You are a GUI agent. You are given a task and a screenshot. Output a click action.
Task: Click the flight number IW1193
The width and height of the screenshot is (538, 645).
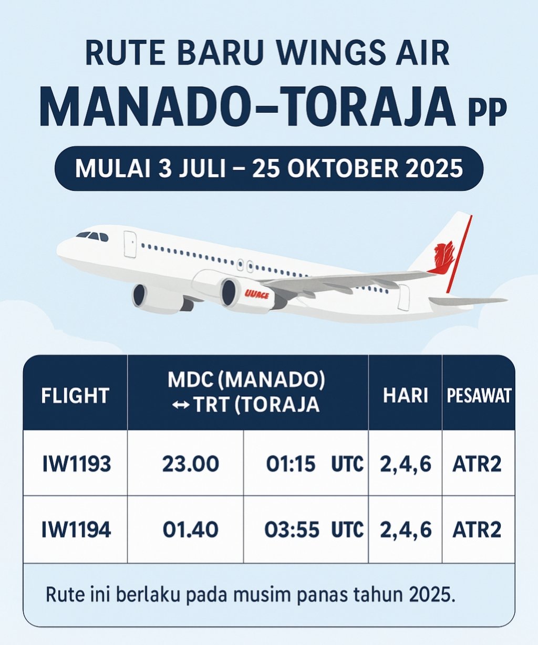click(76, 464)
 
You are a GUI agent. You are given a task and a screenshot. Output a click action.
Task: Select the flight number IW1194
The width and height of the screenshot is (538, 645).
click(76, 531)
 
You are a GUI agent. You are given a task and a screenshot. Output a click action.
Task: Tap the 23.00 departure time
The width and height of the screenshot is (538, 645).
click(191, 464)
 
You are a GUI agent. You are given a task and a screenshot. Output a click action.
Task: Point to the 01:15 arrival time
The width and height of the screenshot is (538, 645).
click(291, 464)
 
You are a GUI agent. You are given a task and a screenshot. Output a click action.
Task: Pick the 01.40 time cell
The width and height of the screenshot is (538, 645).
click(191, 531)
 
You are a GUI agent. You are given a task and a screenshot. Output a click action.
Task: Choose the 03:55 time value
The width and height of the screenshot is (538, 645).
click(292, 531)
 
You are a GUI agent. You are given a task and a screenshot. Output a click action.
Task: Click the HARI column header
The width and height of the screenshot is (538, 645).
click(406, 395)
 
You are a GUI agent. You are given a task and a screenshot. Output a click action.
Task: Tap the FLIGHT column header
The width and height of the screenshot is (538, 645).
click(75, 396)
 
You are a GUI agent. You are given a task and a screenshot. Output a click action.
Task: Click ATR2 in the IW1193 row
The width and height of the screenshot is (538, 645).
click(477, 464)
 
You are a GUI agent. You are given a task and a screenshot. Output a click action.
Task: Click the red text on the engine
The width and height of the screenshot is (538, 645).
click(256, 295)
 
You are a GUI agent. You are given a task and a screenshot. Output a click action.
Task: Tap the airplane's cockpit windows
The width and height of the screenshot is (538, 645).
click(92, 237)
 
